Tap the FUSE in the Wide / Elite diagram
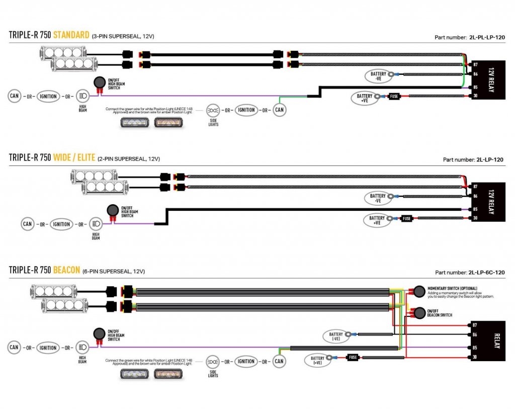pyautogui.click(x=407, y=218)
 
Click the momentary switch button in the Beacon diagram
pyautogui.click(x=418, y=291)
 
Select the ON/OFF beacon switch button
pyautogui.click(x=418, y=313)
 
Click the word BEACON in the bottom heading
pyautogui.click(x=66, y=270)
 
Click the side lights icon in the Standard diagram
pyautogui.click(x=213, y=110)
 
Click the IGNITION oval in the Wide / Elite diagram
pyautogui.click(x=61, y=224)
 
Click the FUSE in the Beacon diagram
pyautogui.click(x=353, y=358)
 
